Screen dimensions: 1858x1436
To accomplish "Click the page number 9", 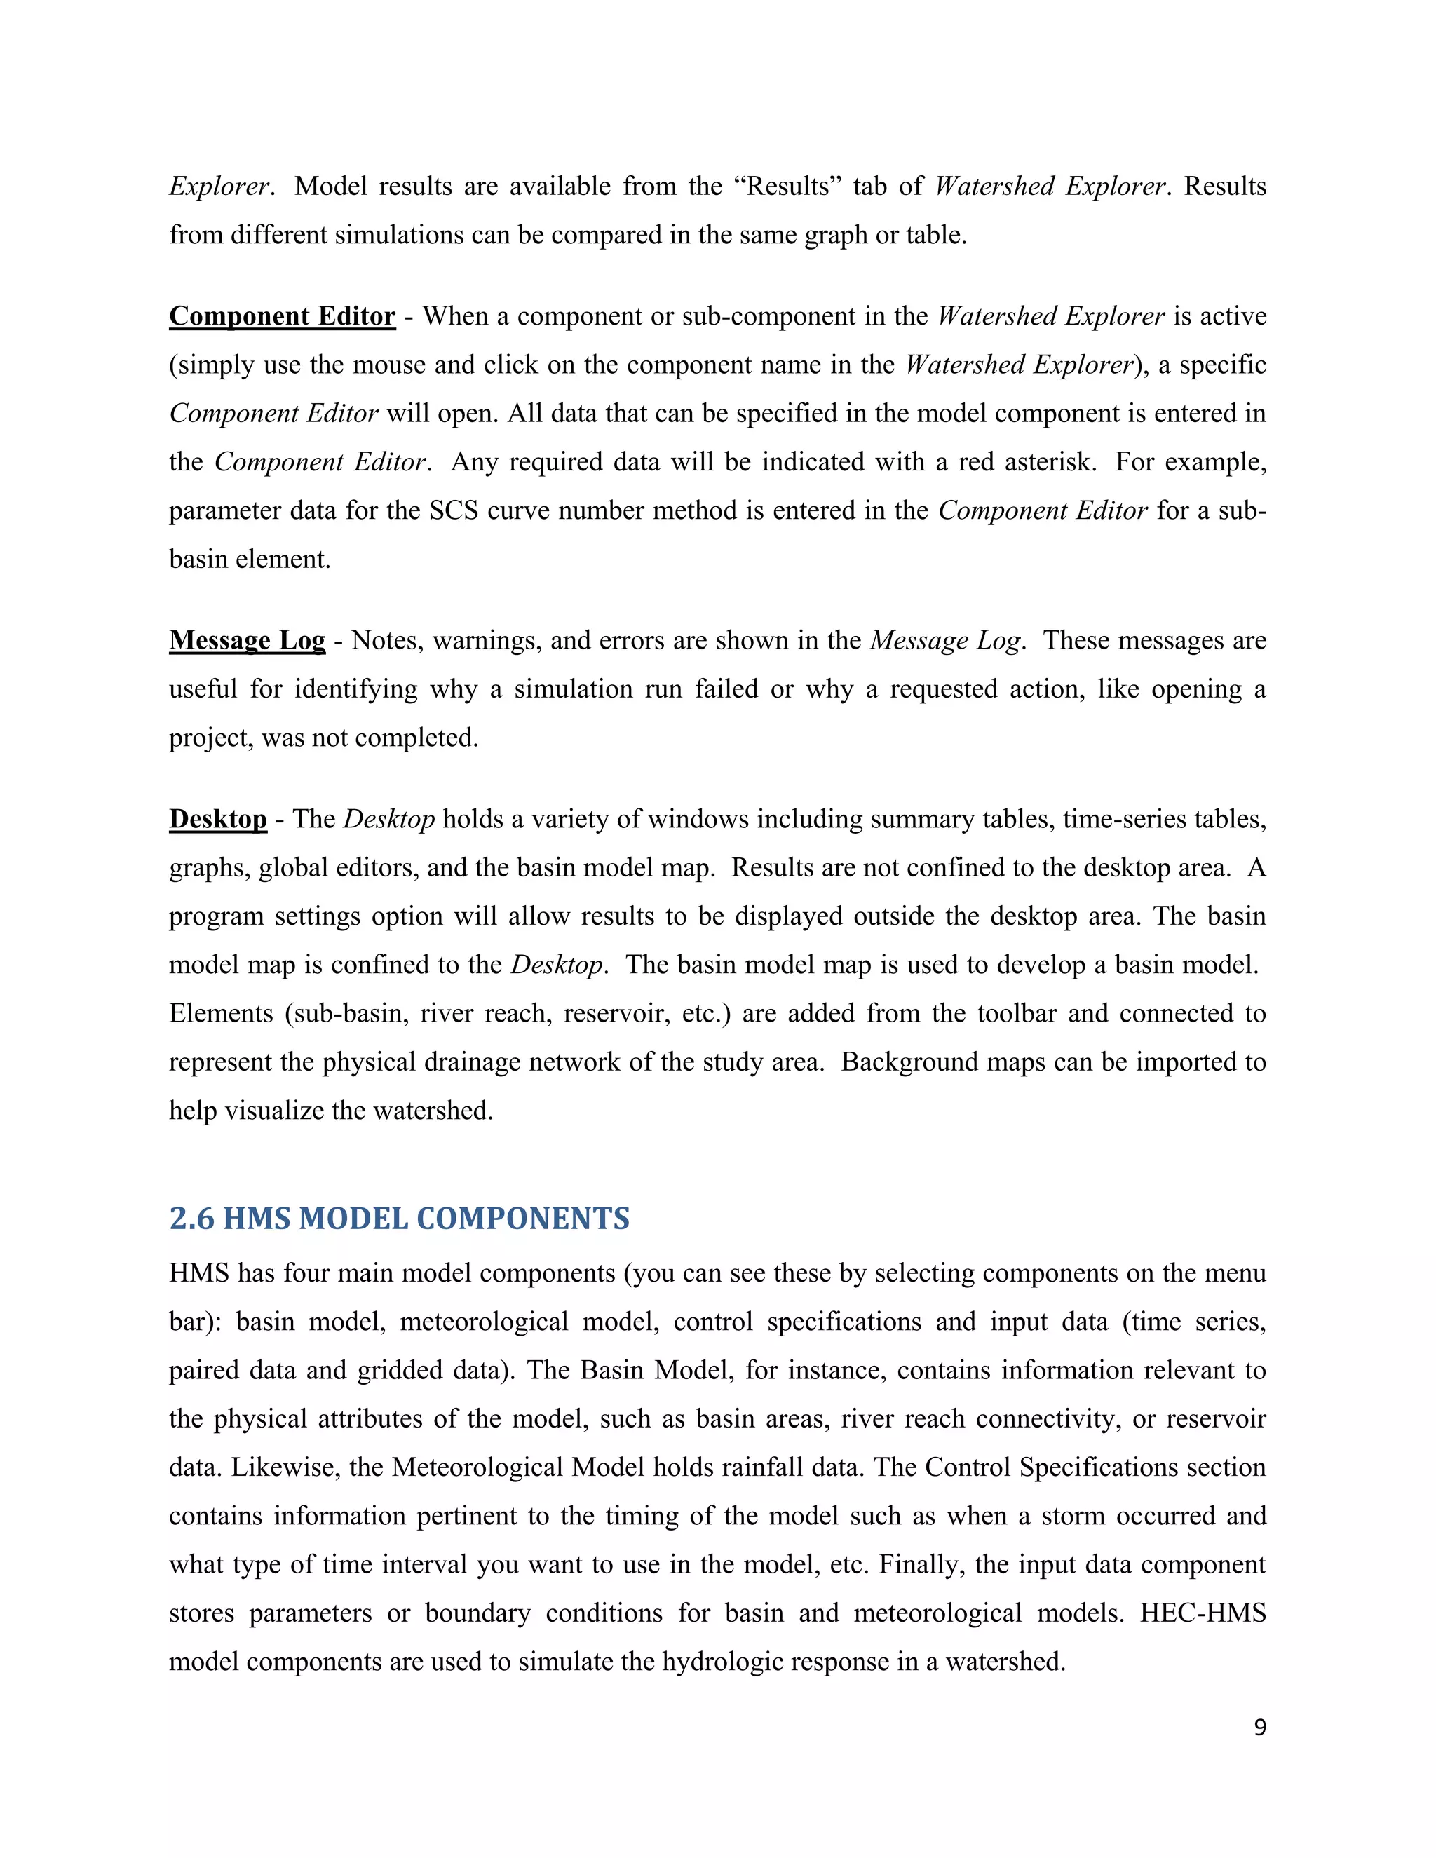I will (1260, 1728).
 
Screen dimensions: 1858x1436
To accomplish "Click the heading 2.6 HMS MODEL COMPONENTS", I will (399, 1219).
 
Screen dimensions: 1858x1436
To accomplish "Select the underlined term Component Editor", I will (282, 316).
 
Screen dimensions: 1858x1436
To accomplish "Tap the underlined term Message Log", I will (247, 641).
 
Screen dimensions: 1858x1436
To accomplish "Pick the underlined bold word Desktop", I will (218, 819).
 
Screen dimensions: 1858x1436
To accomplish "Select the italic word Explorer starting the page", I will (219, 187).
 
